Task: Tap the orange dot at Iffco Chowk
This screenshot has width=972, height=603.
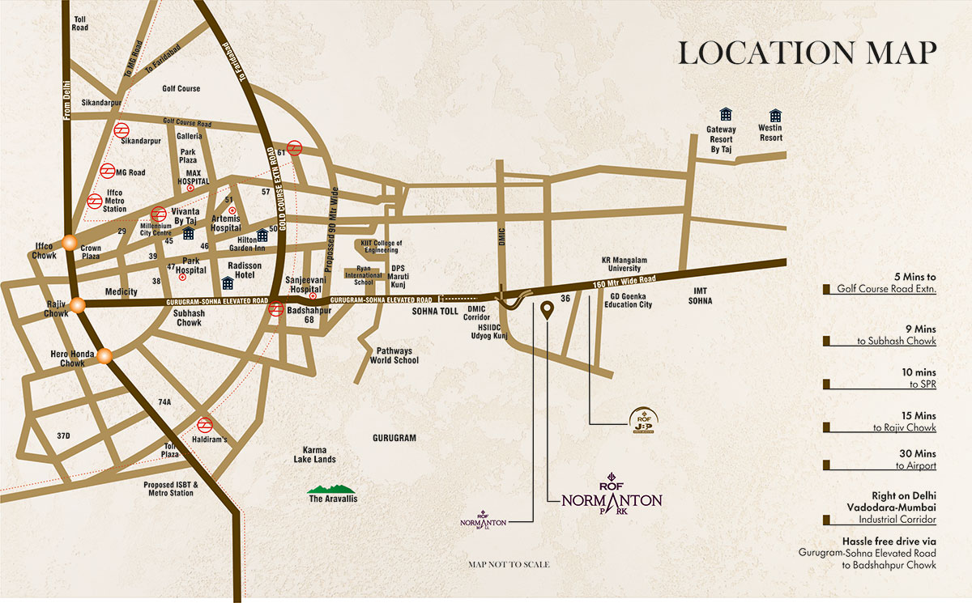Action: [70, 242]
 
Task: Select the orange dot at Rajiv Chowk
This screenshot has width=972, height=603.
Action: [78, 305]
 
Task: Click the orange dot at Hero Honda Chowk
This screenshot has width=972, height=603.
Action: [104, 355]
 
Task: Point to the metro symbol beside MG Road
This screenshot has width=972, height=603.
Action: [108, 171]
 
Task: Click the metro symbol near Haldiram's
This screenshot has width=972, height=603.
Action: [205, 424]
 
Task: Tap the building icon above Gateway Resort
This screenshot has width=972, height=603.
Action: [726, 115]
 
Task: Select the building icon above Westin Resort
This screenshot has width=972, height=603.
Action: [775, 115]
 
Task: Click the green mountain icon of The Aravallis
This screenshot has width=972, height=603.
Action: [332, 489]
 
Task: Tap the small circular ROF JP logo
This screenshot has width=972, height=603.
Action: [642, 418]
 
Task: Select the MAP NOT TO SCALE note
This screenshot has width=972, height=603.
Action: [509, 564]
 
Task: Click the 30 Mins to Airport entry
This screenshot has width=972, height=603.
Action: [880, 460]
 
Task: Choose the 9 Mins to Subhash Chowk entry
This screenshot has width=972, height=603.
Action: [880, 335]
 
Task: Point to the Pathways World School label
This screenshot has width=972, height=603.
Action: [394, 355]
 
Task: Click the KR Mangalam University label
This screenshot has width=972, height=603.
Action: [621, 264]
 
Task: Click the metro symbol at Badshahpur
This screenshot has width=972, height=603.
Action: [276, 308]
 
